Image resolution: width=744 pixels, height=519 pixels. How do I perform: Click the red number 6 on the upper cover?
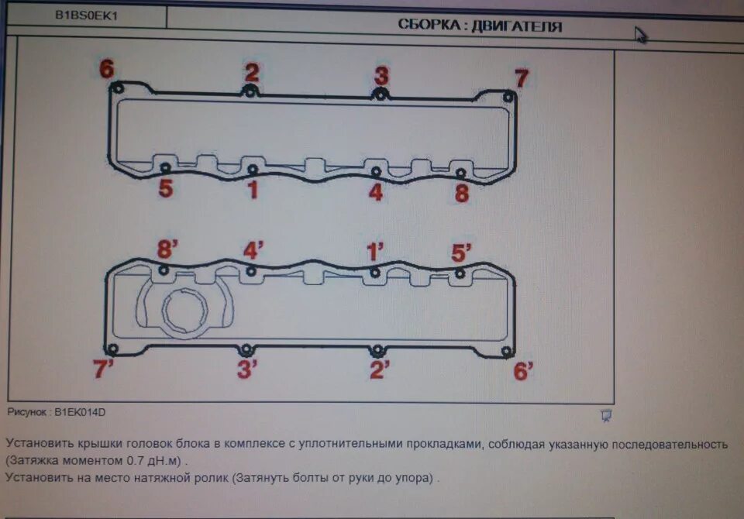click(106, 69)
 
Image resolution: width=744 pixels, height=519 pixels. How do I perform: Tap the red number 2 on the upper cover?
click(252, 73)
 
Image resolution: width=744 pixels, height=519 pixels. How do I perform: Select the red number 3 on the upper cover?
click(381, 76)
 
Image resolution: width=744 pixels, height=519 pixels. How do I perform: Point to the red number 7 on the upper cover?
click(522, 78)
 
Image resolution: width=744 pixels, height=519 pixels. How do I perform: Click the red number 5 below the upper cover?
click(165, 188)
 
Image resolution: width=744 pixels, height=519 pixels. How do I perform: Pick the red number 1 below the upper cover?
click(252, 190)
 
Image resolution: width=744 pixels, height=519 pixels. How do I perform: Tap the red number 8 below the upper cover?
click(462, 193)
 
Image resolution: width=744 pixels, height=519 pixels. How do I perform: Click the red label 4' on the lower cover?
click(253, 251)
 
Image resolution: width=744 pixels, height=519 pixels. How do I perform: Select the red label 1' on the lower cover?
click(376, 252)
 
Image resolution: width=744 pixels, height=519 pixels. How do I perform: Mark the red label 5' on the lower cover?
click(462, 253)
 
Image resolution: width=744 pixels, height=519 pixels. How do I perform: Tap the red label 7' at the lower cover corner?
click(104, 369)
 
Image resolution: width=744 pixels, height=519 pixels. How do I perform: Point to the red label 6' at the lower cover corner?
click(524, 372)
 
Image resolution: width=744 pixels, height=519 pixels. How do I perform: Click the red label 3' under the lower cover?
click(247, 369)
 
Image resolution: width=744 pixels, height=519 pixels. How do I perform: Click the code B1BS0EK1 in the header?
click(87, 15)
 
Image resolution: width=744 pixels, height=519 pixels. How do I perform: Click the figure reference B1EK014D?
click(80, 413)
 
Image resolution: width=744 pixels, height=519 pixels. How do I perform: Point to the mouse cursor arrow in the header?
click(641, 35)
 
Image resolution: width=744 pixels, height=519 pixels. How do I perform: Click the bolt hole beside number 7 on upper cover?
click(508, 97)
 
